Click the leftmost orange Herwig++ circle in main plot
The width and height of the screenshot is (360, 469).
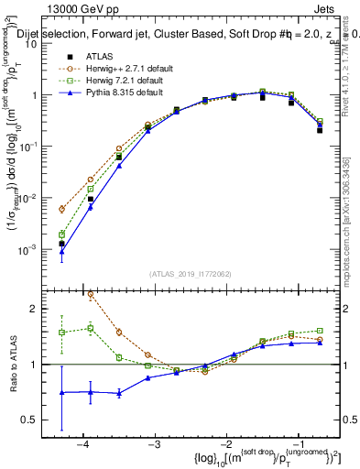tap(61, 209)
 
